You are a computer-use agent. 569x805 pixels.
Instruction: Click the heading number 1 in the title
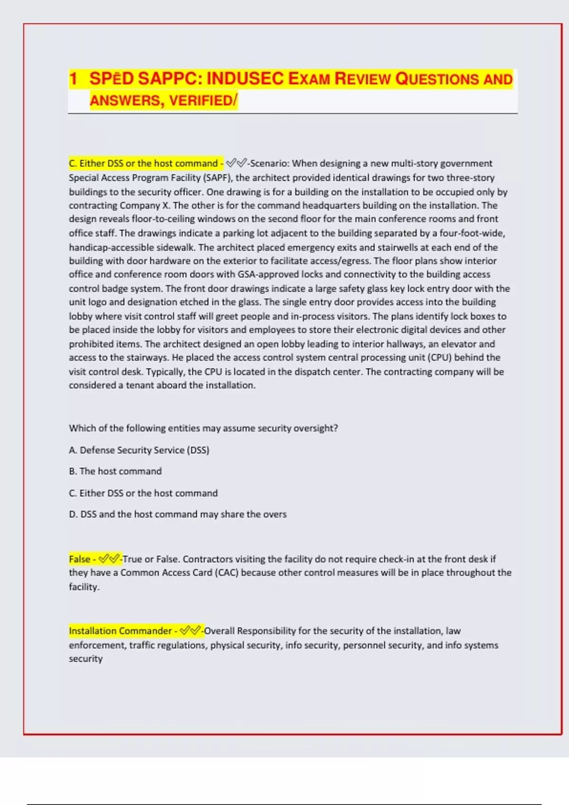pos(73,79)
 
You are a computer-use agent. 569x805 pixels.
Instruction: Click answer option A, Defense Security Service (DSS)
pos(139,450)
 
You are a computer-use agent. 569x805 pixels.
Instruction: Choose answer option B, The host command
pos(115,472)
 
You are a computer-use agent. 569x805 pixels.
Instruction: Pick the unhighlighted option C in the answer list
pos(143,493)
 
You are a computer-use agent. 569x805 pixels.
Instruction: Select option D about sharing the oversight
pos(178,515)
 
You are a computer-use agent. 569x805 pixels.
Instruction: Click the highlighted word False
pos(80,559)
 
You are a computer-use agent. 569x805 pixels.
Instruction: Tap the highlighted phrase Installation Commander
pos(120,631)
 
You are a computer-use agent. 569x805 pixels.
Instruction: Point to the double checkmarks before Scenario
pos(236,164)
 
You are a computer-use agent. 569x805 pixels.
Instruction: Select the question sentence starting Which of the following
pos(203,429)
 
